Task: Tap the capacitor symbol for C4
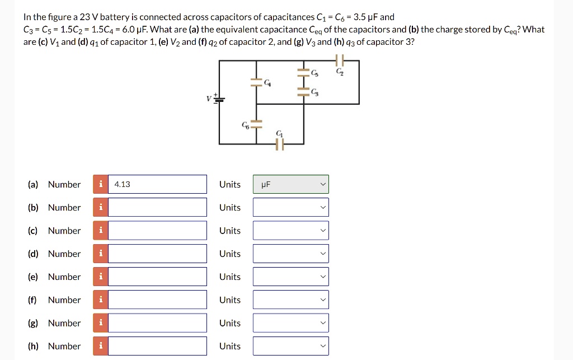256,82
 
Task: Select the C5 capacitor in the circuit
304,73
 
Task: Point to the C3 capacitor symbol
304,92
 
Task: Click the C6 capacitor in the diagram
256,124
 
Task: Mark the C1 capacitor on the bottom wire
280,144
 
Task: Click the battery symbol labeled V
220,99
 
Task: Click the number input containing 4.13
157,184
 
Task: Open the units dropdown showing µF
290,184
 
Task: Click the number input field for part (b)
157,207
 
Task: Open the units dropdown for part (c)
290,231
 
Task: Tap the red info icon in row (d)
101,254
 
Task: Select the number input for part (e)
157,277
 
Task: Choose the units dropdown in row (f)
290,300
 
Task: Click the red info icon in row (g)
101,323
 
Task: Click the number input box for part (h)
157,346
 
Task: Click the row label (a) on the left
33,184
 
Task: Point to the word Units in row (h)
229,346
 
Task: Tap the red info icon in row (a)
101,184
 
